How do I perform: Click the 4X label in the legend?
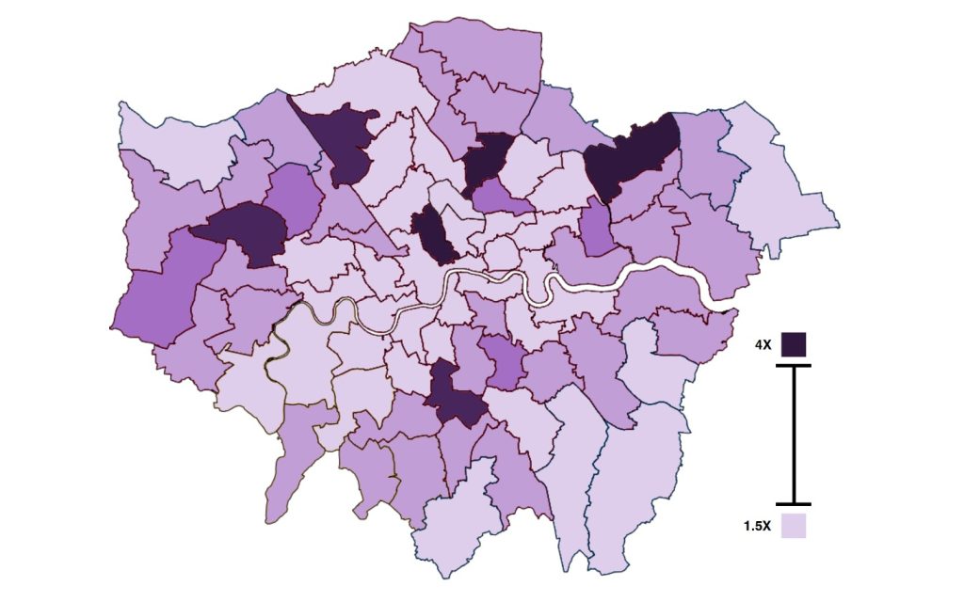(763, 345)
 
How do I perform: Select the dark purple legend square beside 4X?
(794, 344)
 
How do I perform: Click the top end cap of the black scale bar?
(794, 365)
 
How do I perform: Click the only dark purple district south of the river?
(455, 395)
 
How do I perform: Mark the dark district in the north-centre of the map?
(489, 158)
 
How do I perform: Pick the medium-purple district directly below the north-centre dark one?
(499, 197)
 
